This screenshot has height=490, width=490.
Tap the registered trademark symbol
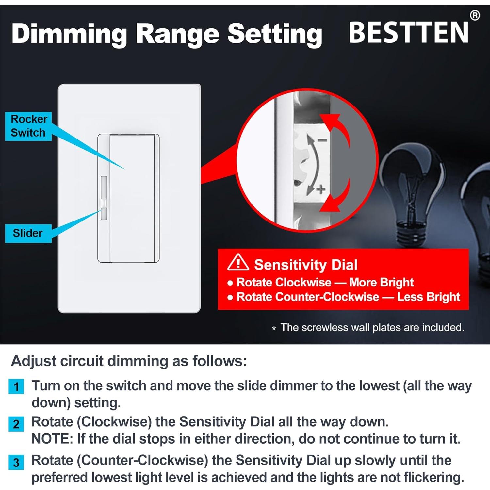(475, 15)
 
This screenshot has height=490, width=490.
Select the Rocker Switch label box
(28, 126)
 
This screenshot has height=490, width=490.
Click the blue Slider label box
(28, 233)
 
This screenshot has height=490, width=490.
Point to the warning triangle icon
(238, 263)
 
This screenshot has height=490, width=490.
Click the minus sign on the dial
(322, 140)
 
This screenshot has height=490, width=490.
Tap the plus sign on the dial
(321, 189)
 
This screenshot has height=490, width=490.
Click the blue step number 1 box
(16, 387)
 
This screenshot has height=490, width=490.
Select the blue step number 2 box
(16, 424)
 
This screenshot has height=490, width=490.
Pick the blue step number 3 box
(16, 463)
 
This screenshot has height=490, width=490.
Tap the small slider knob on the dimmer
(104, 204)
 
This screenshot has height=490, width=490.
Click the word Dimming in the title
(69, 34)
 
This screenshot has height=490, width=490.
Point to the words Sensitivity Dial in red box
(306, 265)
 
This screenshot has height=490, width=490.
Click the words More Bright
(381, 282)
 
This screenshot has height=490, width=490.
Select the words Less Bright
(428, 297)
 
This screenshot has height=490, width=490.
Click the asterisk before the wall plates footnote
(274, 328)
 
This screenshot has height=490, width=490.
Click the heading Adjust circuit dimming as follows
(129, 361)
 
